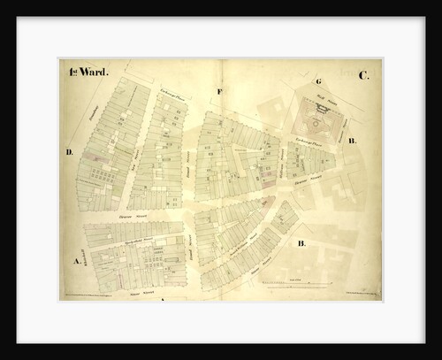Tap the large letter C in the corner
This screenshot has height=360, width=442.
[363, 75]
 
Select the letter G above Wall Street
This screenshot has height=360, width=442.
[317, 81]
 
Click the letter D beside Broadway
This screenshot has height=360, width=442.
[68, 152]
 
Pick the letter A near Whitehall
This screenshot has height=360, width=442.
[77, 261]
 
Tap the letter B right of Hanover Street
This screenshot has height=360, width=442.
[352, 141]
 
